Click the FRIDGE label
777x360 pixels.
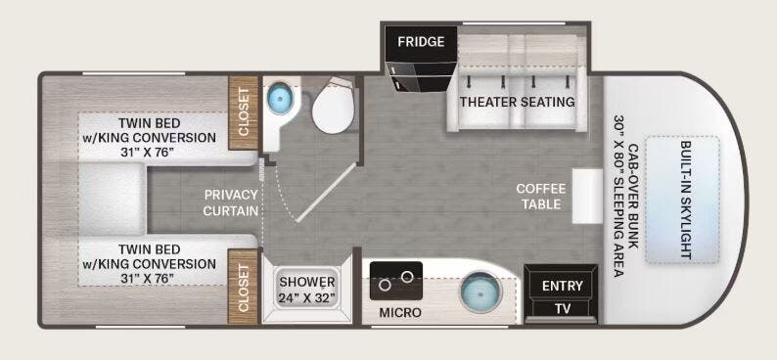420,42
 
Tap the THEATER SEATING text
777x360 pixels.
517,102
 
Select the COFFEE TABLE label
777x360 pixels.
540,197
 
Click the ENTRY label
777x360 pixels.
562,286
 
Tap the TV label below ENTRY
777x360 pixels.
562,307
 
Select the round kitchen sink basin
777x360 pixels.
479,292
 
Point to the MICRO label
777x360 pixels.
401,313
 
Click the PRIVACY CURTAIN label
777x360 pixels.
231,202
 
